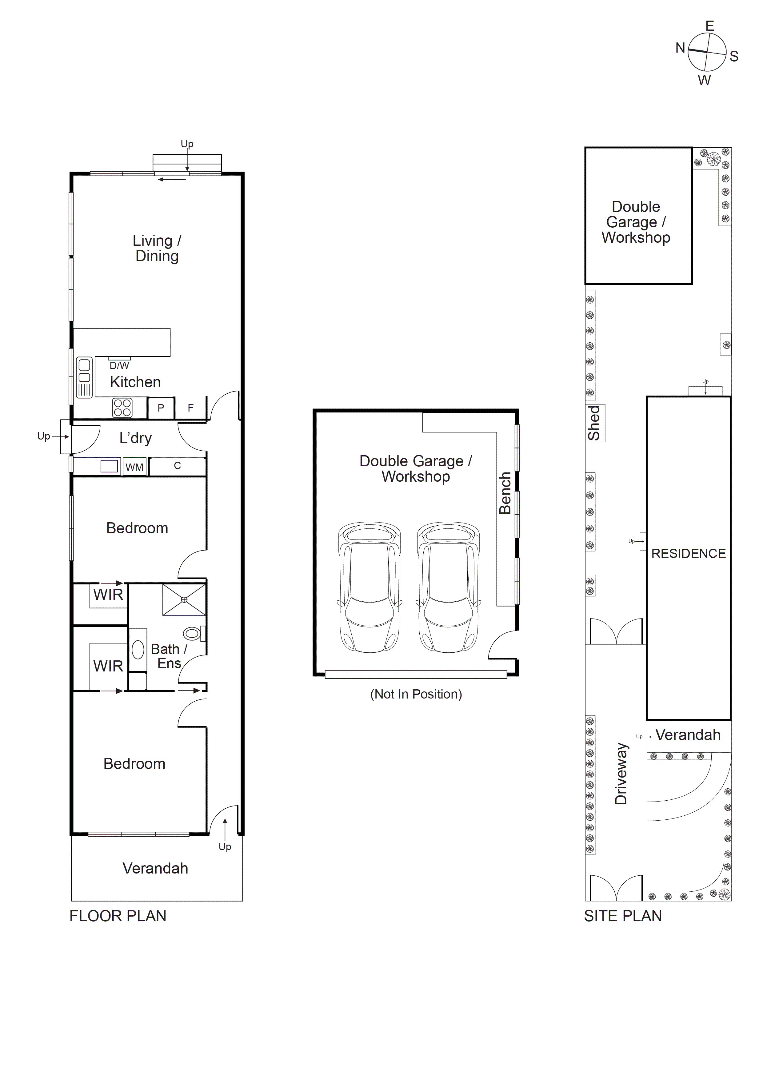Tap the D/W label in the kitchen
coord(119,366)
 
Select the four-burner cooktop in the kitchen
coord(122,408)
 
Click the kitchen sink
coord(84,377)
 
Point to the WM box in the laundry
coord(134,467)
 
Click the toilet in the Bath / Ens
coord(192,634)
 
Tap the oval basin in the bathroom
coord(138,650)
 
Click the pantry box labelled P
coord(161,408)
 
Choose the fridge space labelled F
coord(190,408)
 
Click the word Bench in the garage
coord(505,493)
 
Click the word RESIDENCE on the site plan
coord(688,554)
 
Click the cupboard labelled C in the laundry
coord(177,466)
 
